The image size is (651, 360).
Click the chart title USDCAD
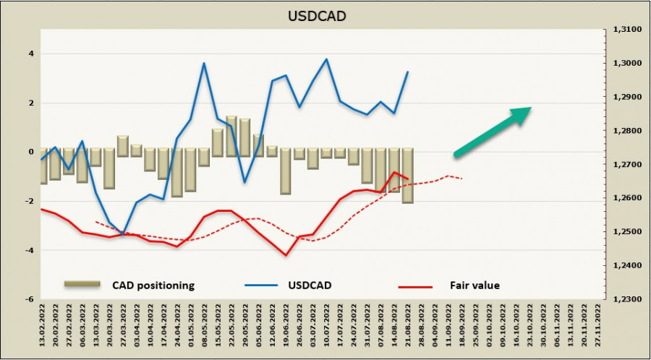[x=325, y=14]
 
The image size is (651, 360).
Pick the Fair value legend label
[x=475, y=286]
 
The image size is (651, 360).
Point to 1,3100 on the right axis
[x=623, y=30]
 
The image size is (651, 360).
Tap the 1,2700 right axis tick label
[x=623, y=164]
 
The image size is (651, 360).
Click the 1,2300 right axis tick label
[x=623, y=299]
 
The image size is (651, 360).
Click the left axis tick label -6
[x=30, y=299]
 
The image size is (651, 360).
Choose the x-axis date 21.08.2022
[x=408, y=329]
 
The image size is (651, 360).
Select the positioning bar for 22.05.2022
[x=231, y=136]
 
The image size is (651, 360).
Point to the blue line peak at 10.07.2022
[x=326, y=59]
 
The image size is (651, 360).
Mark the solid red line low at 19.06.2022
[x=286, y=254]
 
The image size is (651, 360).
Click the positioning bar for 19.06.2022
[x=286, y=171]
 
